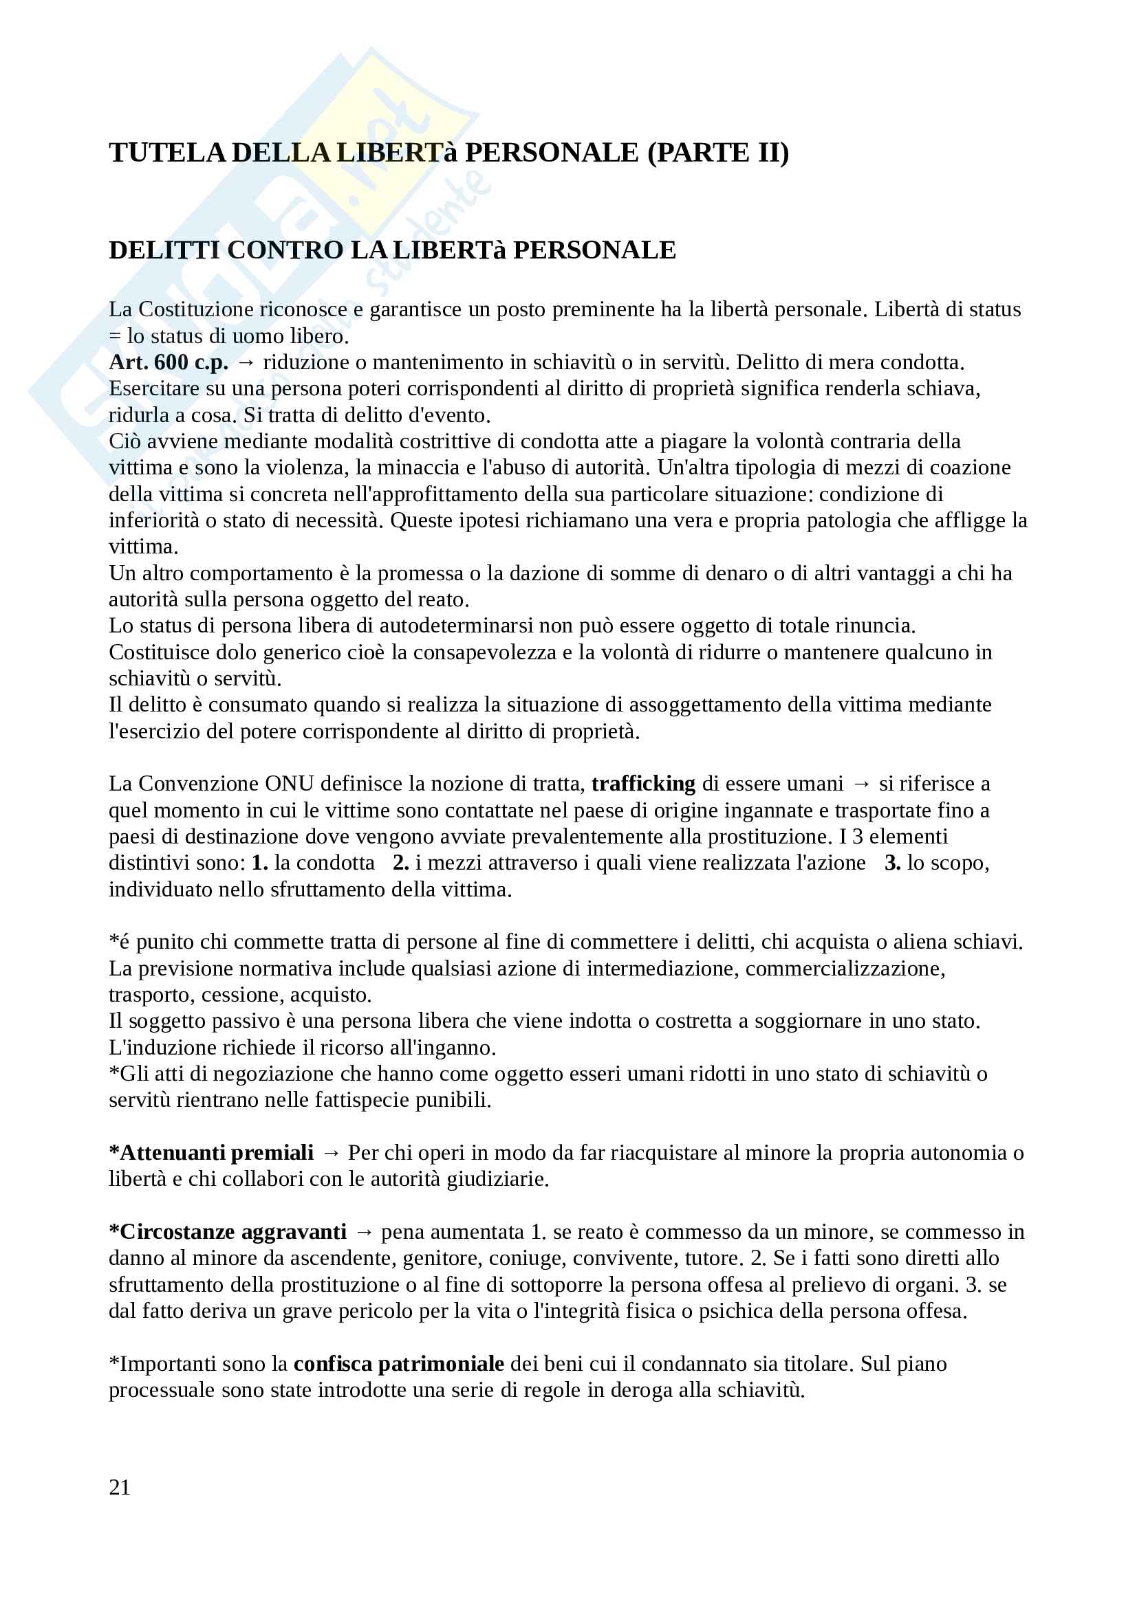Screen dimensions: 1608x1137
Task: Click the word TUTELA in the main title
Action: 166,153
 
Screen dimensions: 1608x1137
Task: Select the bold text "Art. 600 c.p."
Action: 168,362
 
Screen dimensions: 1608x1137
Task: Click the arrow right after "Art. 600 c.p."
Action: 245,363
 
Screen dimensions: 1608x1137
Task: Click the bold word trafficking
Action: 643,783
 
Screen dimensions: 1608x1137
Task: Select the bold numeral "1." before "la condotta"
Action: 260,862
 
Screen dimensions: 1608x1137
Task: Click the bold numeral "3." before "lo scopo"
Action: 893,862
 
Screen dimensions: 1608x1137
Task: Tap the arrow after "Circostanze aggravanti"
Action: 365,1232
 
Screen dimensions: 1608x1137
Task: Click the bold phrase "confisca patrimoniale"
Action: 399,1363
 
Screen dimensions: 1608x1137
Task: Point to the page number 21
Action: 120,1487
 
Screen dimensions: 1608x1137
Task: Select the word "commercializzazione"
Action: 845,968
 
